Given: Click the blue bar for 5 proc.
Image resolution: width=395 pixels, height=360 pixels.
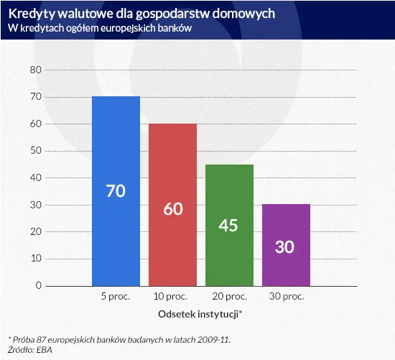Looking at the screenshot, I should pos(116,144).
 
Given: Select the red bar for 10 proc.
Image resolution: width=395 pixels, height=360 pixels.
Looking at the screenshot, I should pos(172,165).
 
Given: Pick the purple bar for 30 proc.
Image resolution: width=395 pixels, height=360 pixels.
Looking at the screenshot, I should pos(286,223).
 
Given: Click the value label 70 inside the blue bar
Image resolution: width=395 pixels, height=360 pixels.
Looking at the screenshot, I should pos(116,193).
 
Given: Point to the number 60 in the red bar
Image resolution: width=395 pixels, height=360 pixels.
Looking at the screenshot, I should pos(172,209).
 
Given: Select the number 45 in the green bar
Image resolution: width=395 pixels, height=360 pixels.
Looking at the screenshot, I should pos(229,226).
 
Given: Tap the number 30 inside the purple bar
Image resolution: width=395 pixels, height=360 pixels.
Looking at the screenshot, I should pos(286,246).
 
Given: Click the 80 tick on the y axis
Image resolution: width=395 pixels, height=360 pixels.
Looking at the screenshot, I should pos(36,70).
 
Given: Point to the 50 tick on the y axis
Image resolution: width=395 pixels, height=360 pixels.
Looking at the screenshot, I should pos(36,151).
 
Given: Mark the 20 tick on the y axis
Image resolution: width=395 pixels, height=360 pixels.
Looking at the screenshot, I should pos(36,231).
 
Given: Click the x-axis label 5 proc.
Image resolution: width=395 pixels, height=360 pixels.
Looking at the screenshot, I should pos(116,296).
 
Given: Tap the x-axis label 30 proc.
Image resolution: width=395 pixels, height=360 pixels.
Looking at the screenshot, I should pos(286,296).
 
